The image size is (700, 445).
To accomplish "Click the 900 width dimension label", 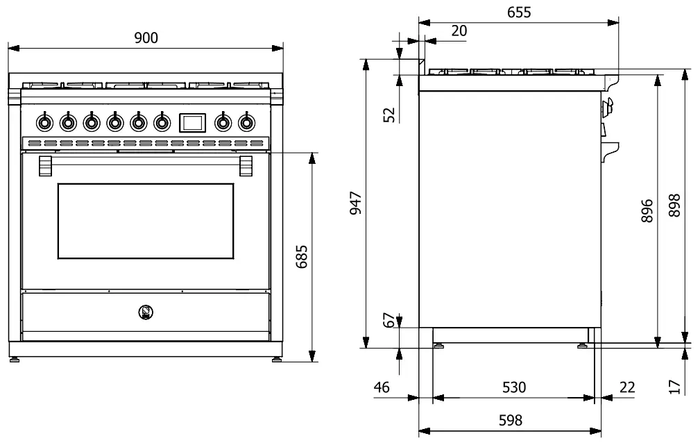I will coord(146,38).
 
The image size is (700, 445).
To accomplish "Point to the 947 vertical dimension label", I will coord(355,203).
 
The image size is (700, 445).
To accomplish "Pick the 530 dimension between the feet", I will coord(513,387).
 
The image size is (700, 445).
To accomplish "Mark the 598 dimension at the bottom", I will coord(509,420).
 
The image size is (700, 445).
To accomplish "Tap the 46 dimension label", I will coord(382,387).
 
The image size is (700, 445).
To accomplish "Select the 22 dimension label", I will coord(626,387).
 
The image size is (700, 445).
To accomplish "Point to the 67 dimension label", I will coord(390,320).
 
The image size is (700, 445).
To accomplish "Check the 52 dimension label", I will coord(389,115).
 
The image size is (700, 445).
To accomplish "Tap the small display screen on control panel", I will coord(192,123).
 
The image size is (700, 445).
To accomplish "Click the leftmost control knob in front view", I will coord(44,123).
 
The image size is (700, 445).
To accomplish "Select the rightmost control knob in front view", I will coord(246,123).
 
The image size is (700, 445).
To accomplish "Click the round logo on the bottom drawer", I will coord(146,313).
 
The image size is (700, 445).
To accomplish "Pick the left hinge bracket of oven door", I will coord(45,167).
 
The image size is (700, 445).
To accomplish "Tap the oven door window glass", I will coord(145,221).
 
